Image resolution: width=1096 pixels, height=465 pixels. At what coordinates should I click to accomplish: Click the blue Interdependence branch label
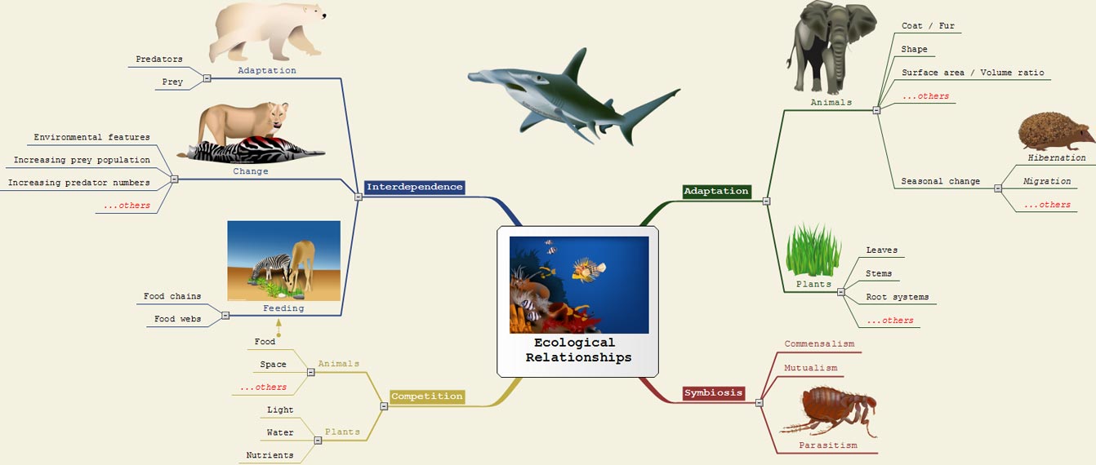click(x=414, y=188)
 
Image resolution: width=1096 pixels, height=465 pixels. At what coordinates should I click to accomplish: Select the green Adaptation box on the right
click(x=716, y=191)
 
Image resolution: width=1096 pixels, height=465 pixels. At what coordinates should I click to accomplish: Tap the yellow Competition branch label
click(x=427, y=396)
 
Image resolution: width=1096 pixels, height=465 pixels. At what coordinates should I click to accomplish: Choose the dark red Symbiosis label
click(x=713, y=392)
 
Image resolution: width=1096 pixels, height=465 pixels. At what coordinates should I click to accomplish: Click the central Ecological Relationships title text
click(x=578, y=350)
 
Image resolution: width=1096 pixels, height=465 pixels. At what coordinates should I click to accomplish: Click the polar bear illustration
click(x=267, y=32)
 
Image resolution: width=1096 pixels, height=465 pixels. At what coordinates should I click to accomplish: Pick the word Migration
click(x=1046, y=181)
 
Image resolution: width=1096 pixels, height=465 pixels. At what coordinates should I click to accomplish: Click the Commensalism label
click(x=819, y=343)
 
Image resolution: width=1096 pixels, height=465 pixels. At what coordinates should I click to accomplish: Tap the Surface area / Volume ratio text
click(x=973, y=73)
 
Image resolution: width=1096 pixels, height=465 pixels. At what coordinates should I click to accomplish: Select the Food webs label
click(x=177, y=319)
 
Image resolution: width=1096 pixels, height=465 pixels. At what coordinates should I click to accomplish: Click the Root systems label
click(x=898, y=297)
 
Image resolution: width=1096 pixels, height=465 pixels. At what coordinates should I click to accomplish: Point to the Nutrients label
click(x=270, y=455)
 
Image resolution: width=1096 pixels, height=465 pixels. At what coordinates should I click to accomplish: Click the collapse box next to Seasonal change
click(x=998, y=188)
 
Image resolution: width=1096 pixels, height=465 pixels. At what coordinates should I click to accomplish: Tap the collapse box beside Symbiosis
click(x=759, y=403)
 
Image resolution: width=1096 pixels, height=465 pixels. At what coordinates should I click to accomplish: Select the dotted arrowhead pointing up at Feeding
click(x=278, y=323)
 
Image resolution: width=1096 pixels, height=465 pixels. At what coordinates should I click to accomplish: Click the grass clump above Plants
click(x=813, y=250)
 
